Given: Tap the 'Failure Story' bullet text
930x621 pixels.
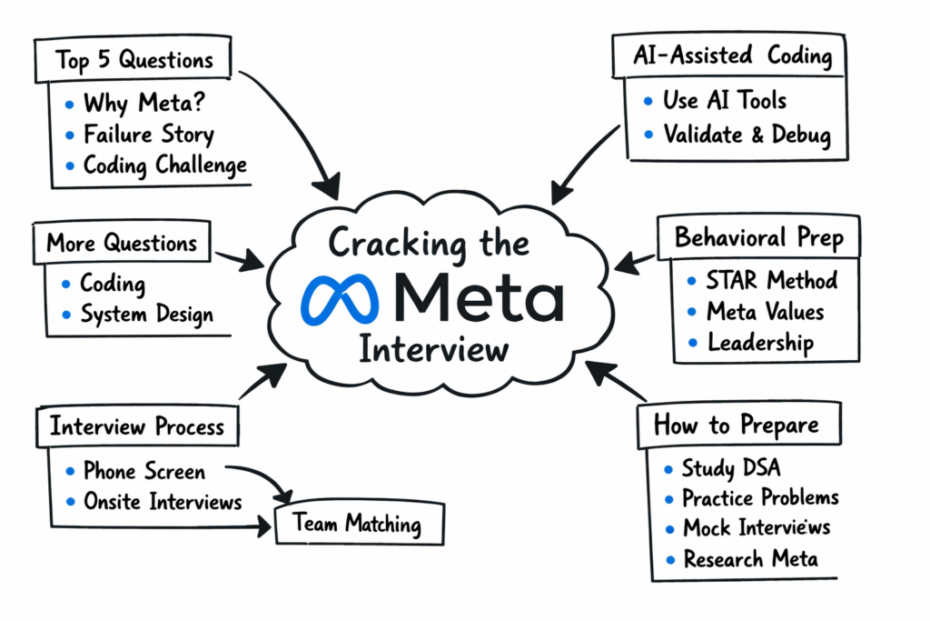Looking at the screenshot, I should [148, 135].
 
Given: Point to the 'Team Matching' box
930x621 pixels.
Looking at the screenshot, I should [356, 525].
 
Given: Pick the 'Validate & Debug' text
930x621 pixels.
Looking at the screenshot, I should [746, 135].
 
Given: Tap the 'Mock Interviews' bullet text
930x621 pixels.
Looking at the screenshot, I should [756, 527].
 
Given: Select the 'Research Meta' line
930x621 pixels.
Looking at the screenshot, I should [750, 558].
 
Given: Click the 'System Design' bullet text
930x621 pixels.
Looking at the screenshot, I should [146, 315].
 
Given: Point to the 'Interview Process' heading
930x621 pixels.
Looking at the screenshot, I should [136, 426].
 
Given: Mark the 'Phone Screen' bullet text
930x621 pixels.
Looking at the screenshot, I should [143, 471].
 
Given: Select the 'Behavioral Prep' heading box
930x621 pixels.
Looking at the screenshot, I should [758, 238].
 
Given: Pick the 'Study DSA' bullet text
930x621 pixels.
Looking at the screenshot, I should [731, 468].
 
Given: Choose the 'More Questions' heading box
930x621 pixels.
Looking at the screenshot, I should [122, 244].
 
